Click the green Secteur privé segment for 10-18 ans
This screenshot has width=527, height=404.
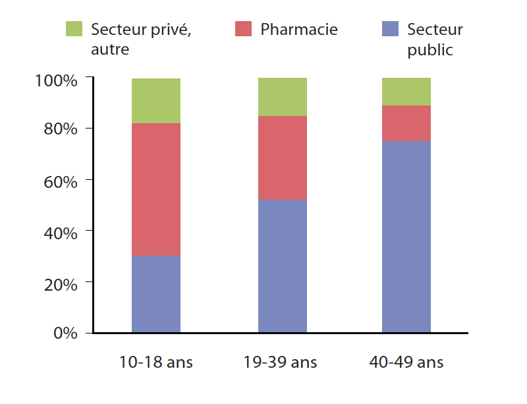tap(156, 101)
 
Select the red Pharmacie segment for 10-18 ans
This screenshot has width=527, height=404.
tap(156, 189)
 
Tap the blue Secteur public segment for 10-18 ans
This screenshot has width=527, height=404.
tap(156, 293)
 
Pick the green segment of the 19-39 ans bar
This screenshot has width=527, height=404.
tap(282, 97)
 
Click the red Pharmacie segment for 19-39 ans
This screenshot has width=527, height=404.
tap(282, 158)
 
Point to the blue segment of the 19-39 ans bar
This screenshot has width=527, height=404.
tap(282, 266)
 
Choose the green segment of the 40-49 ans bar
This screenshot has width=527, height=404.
tap(406, 92)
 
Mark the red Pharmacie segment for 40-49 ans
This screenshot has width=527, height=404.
tap(406, 123)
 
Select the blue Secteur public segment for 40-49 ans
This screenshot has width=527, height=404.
tap(406, 236)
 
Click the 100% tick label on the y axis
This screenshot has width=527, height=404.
tap(56, 80)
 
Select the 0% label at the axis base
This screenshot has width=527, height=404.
tap(64, 333)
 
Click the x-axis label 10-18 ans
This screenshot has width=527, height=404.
tap(156, 362)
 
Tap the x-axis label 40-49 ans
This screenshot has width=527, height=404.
tap(406, 362)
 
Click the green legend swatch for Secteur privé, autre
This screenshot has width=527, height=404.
tap(74, 29)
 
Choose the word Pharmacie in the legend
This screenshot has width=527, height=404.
tap(299, 30)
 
